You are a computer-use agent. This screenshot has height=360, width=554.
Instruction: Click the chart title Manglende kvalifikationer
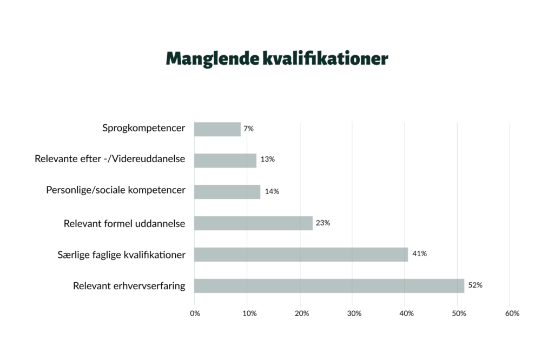276,58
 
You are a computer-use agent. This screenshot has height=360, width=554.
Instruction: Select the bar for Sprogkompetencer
217,129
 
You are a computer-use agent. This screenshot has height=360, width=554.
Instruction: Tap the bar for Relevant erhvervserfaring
329,285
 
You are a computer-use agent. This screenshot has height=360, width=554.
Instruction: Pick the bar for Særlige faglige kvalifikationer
301,254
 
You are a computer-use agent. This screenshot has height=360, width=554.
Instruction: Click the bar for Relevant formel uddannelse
253,223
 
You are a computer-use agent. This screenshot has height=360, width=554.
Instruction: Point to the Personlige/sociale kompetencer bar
227,191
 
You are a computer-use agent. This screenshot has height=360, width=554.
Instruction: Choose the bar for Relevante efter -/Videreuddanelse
225,160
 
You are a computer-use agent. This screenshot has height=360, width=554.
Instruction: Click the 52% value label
475,285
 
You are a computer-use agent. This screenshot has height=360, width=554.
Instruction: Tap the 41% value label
419,254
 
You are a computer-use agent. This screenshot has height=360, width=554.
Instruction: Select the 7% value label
248,129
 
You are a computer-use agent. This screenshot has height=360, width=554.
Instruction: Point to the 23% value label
323,222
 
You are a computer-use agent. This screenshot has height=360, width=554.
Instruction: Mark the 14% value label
272,191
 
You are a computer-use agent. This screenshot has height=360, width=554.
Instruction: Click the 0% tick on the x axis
195,314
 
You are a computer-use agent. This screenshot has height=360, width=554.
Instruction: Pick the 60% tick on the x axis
512,314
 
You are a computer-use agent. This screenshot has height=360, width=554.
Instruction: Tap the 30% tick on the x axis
353,314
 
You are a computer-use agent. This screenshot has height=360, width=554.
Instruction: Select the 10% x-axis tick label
248,314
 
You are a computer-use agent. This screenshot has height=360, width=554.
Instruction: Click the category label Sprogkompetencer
143,129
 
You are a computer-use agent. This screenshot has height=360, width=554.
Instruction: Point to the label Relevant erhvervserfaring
129,285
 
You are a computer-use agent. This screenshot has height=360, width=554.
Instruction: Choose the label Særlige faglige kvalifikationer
121,254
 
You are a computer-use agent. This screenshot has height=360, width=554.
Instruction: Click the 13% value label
267,159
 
